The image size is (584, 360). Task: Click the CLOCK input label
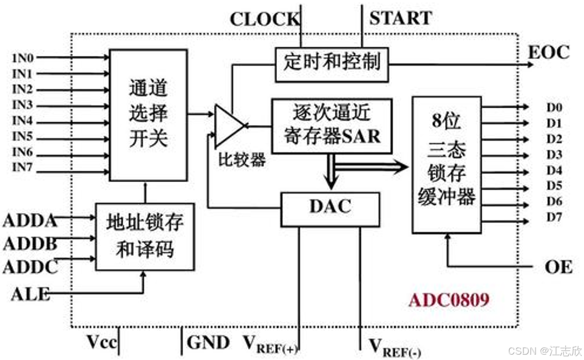click(x=264, y=20)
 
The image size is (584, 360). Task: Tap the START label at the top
click(x=401, y=18)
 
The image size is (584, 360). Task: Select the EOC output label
click(x=548, y=53)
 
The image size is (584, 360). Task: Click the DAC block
click(x=330, y=207)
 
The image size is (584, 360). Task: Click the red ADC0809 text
click(x=449, y=301)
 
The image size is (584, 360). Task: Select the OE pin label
click(x=558, y=267)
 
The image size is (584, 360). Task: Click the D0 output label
click(x=554, y=108)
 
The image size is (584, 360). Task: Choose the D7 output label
click(x=554, y=217)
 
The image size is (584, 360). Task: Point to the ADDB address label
click(x=30, y=244)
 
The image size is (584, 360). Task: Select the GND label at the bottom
click(x=208, y=342)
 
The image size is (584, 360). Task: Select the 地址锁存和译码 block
click(x=145, y=236)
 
